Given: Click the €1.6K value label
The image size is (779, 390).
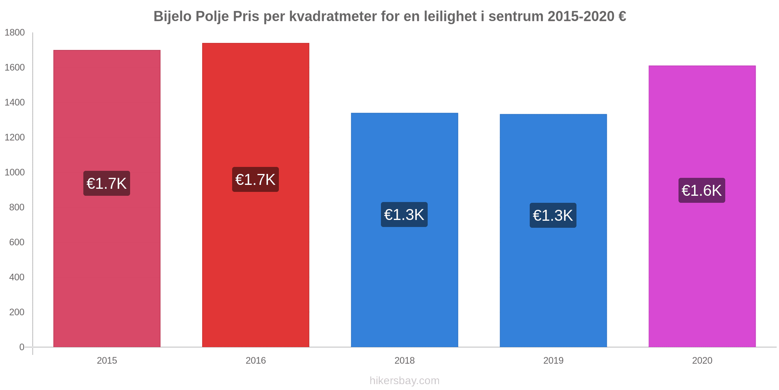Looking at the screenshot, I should (x=702, y=190).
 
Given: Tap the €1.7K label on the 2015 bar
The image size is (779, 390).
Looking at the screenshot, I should (x=107, y=183).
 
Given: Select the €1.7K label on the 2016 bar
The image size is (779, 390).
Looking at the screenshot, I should (x=256, y=179).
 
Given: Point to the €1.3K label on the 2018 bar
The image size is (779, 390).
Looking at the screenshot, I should (x=404, y=214).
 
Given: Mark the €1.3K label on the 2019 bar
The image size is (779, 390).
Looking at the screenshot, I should (x=553, y=215).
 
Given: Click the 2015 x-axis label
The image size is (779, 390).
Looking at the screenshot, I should (x=107, y=360).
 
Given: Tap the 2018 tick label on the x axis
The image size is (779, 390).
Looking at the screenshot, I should (x=404, y=360).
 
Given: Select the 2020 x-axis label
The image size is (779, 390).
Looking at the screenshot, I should (x=702, y=360).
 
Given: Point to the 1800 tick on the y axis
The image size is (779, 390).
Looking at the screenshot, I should (x=14, y=32).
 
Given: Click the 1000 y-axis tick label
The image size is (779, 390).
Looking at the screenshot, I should (x=14, y=172).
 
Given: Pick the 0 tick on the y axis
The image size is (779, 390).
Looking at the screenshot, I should (x=22, y=347).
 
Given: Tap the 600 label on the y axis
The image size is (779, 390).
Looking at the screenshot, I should (x=17, y=242).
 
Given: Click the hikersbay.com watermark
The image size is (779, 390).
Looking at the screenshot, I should (x=404, y=381).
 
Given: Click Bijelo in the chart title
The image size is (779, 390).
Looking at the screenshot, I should (x=171, y=16).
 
